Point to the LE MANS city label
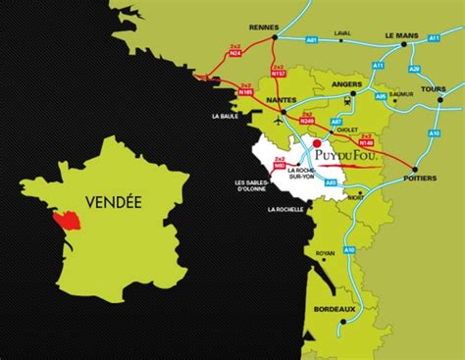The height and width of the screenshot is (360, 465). (401, 35)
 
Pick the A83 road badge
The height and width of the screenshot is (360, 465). (330, 182)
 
